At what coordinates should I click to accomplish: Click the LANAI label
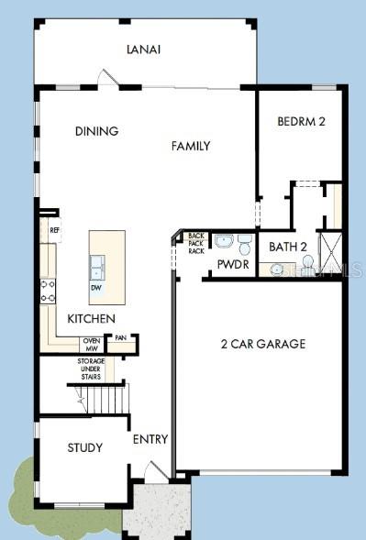click(x=144, y=50)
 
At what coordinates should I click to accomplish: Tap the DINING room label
click(x=96, y=131)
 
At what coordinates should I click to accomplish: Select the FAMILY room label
click(x=191, y=146)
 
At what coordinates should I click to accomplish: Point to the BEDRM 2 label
click(x=301, y=121)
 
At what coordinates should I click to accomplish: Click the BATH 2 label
click(x=287, y=247)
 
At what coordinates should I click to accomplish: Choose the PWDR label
click(x=228, y=265)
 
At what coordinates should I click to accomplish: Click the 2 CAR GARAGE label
click(x=263, y=345)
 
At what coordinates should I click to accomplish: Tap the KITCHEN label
click(x=91, y=318)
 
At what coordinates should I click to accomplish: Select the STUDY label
click(x=84, y=447)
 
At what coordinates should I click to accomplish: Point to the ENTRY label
click(x=150, y=440)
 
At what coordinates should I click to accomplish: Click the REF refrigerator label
click(x=54, y=231)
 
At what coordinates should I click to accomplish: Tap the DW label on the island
click(x=95, y=288)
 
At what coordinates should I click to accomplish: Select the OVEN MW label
click(x=92, y=345)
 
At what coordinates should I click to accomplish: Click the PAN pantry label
click(x=120, y=337)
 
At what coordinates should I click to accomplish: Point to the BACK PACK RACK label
click(x=196, y=243)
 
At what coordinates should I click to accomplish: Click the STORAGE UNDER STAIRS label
click(x=90, y=369)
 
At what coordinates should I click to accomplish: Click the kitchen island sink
click(x=96, y=268)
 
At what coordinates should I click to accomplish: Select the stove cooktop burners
click(x=48, y=292)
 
